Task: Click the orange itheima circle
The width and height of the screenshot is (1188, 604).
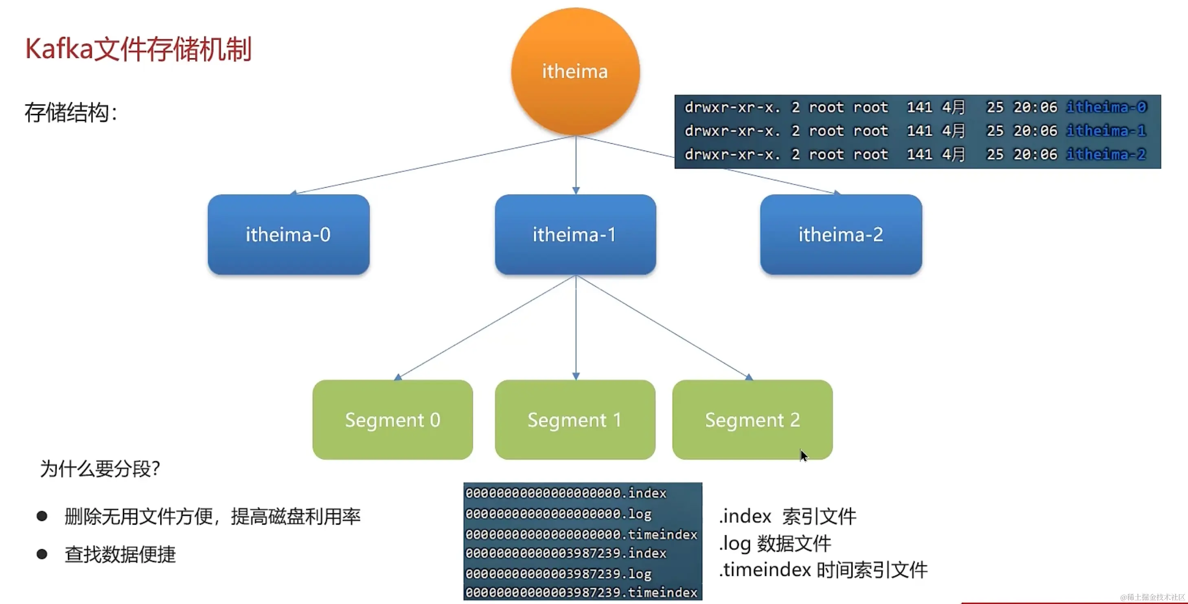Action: tap(575, 72)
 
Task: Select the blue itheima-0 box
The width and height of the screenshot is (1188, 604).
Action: tap(288, 235)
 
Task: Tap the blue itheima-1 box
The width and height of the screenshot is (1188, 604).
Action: tap(575, 235)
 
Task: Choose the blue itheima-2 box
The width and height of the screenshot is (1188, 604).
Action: tap(841, 235)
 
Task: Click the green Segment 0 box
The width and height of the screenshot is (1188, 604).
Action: tap(392, 420)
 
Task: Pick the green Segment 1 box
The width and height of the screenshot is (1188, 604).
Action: tap(574, 420)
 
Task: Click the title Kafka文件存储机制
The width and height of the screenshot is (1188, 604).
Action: tap(138, 49)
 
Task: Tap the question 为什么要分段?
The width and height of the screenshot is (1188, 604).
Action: tap(100, 469)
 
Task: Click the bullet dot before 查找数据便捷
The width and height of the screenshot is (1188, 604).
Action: tap(42, 554)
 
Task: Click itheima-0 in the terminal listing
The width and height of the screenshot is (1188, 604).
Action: tap(1106, 107)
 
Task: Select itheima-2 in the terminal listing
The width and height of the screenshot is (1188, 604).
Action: tap(1106, 154)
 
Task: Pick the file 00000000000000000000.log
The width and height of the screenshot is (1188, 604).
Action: tap(558, 514)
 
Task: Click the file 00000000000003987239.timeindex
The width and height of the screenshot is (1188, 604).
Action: tap(581, 593)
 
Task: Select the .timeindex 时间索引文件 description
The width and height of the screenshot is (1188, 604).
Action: tap(823, 570)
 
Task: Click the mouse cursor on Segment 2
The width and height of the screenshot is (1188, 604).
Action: tap(803, 455)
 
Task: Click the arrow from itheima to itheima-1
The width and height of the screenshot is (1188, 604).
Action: tap(576, 166)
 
